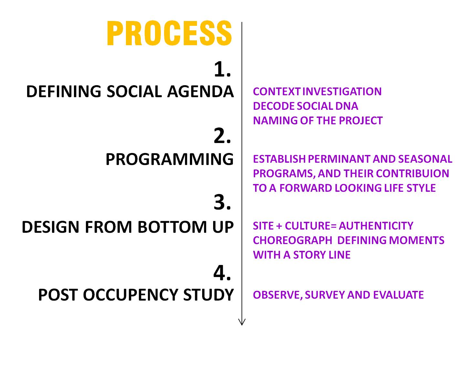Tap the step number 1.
click(x=222, y=69)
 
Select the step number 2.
click(x=222, y=136)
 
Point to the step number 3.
click(x=222, y=202)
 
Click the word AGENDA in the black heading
click(x=200, y=91)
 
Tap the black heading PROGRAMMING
click(x=170, y=159)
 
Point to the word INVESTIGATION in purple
click(x=342, y=91)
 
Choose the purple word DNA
click(x=346, y=106)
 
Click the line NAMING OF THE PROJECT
click(x=318, y=120)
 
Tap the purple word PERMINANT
click(x=339, y=159)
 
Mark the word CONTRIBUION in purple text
click(x=412, y=173)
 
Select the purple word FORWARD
click(x=305, y=188)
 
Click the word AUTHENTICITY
click(x=376, y=226)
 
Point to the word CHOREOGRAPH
click(x=293, y=240)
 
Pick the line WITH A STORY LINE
click(x=302, y=255)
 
